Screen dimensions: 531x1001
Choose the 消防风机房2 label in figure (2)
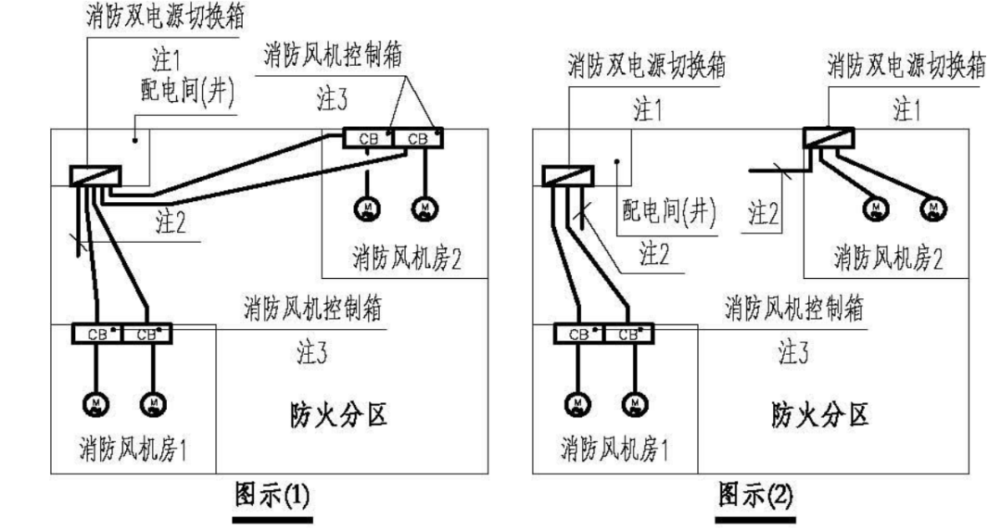click(x=888, y=257)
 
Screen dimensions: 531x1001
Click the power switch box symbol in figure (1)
click(x=95, y=175)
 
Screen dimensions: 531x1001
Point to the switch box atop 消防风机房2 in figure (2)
click(x=827, y=137)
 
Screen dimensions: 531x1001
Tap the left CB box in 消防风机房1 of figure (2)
click(x=578, y=334)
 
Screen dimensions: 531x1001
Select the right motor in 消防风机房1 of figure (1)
click(x=152, y=402)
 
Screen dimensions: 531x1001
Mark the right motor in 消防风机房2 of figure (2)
click(x=933, y=207)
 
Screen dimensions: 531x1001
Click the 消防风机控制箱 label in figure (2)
click(x=793, y=309)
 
